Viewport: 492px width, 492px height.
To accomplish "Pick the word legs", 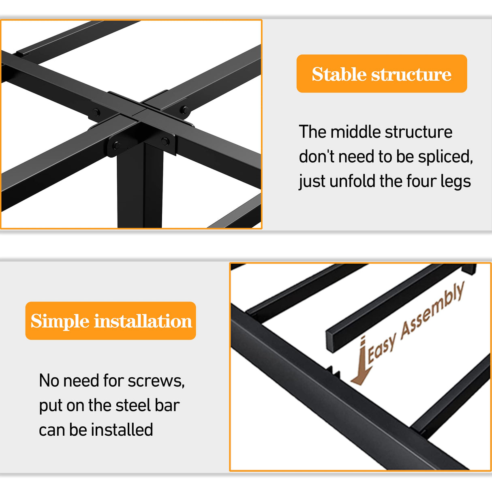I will [456, 182].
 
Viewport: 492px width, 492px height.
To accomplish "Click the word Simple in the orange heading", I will [60, 321].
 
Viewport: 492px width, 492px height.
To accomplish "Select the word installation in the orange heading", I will [143, 321].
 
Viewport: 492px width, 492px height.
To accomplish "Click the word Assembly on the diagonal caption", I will [432, 310].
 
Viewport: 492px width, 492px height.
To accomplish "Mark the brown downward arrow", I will [360, 363].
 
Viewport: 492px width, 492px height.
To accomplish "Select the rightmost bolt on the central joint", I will [184, 109].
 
